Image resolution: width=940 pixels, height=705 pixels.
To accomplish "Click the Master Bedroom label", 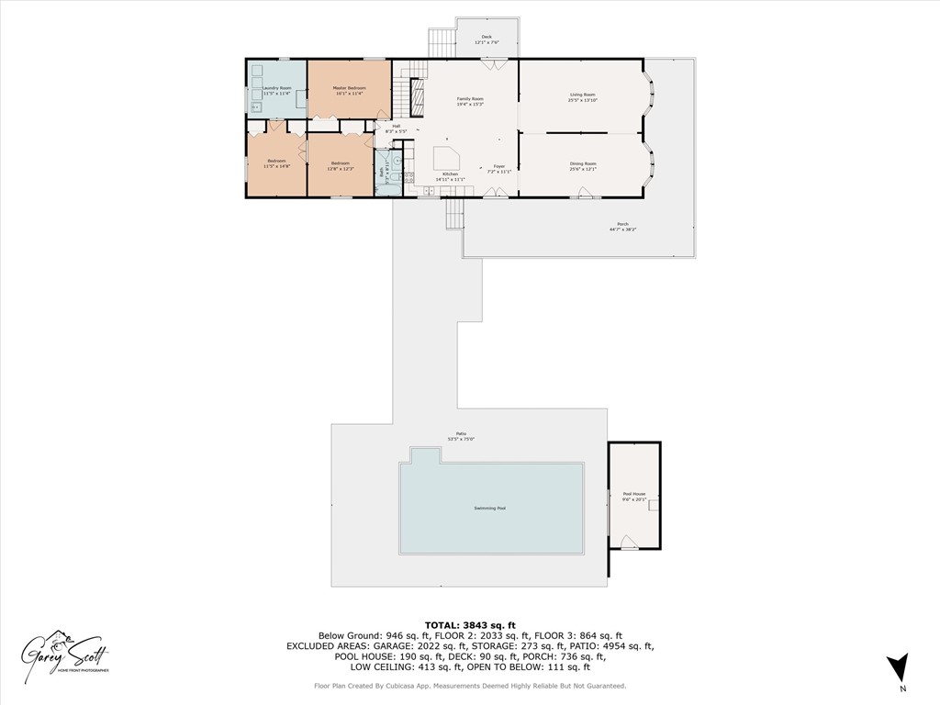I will (349, 88).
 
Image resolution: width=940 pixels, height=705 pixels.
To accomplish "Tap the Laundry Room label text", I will (277, 88).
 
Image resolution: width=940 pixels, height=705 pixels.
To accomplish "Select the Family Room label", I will (470, 98).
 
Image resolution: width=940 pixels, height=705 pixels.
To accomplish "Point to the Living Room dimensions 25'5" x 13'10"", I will (582, 100).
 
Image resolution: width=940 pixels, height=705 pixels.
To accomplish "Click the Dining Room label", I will (583, 163).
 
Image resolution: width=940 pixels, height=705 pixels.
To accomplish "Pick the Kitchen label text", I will (450, 173).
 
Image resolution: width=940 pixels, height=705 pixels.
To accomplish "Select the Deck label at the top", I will (487, 37).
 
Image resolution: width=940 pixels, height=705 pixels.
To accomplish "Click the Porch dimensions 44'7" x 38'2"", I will (622, 229).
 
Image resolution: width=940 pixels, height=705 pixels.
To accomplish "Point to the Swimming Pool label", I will (489, 508).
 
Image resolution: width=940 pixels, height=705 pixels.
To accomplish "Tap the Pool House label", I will (634, 494).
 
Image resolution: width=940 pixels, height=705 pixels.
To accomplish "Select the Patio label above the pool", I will (461, 434).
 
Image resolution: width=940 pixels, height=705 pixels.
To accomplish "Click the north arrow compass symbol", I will (899, 666).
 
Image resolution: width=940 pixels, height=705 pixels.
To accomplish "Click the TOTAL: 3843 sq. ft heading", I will (469, 624).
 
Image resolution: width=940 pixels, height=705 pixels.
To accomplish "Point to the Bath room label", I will (382, 171).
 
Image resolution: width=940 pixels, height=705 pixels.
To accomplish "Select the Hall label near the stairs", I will (397, 126).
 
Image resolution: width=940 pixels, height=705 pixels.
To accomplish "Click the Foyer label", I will (498, 166).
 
